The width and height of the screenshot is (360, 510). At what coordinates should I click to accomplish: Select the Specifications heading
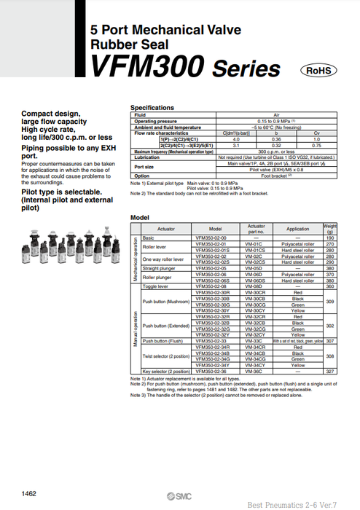tap(152, 107)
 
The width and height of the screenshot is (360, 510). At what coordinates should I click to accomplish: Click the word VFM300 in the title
tap(146, 68)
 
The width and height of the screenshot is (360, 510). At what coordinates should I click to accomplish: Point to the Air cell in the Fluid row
tap(276, 115)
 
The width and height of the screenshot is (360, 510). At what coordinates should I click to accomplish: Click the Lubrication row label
tap(147, 157)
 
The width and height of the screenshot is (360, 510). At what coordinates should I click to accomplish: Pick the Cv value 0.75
tap(316, 145)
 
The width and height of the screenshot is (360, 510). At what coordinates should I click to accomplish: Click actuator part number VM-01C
tap(257, 244)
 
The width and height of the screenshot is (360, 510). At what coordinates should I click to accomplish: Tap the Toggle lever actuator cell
tap(155, 286)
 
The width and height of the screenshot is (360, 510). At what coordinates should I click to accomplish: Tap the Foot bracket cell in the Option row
tap(276, 176)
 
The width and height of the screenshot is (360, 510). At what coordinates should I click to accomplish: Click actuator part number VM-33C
tap(257, 341)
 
